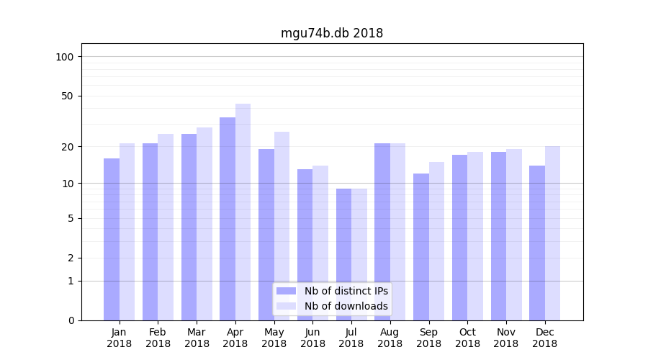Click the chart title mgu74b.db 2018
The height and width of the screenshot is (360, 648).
click(331, 33)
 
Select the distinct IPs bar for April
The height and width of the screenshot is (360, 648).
click(228, 219)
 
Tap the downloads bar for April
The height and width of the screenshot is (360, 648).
click(243, 212)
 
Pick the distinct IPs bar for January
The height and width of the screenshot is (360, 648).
click(112, 239)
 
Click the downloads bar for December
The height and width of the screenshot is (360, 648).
click(552, 233)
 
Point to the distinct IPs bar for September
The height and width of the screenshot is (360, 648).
click(421, 247)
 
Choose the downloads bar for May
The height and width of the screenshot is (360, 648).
click(282, 226)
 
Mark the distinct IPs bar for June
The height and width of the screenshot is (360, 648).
click(305, 245)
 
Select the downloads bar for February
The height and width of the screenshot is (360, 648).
click(166, 227)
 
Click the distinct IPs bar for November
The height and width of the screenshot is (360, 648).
click(498, 236)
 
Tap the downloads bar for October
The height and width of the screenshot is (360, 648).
click(475, 236)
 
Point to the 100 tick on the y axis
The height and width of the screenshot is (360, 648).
click(65, 57)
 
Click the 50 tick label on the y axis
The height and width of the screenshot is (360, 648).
click(68, 96)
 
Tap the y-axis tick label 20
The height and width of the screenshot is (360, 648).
click(68, 147)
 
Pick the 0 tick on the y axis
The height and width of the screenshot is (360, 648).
click(71, 320)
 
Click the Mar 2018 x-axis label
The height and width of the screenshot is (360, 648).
click(197, 338)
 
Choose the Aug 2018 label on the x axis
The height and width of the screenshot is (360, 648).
click(390, 338)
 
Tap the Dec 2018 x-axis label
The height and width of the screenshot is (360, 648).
click(544, 338)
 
